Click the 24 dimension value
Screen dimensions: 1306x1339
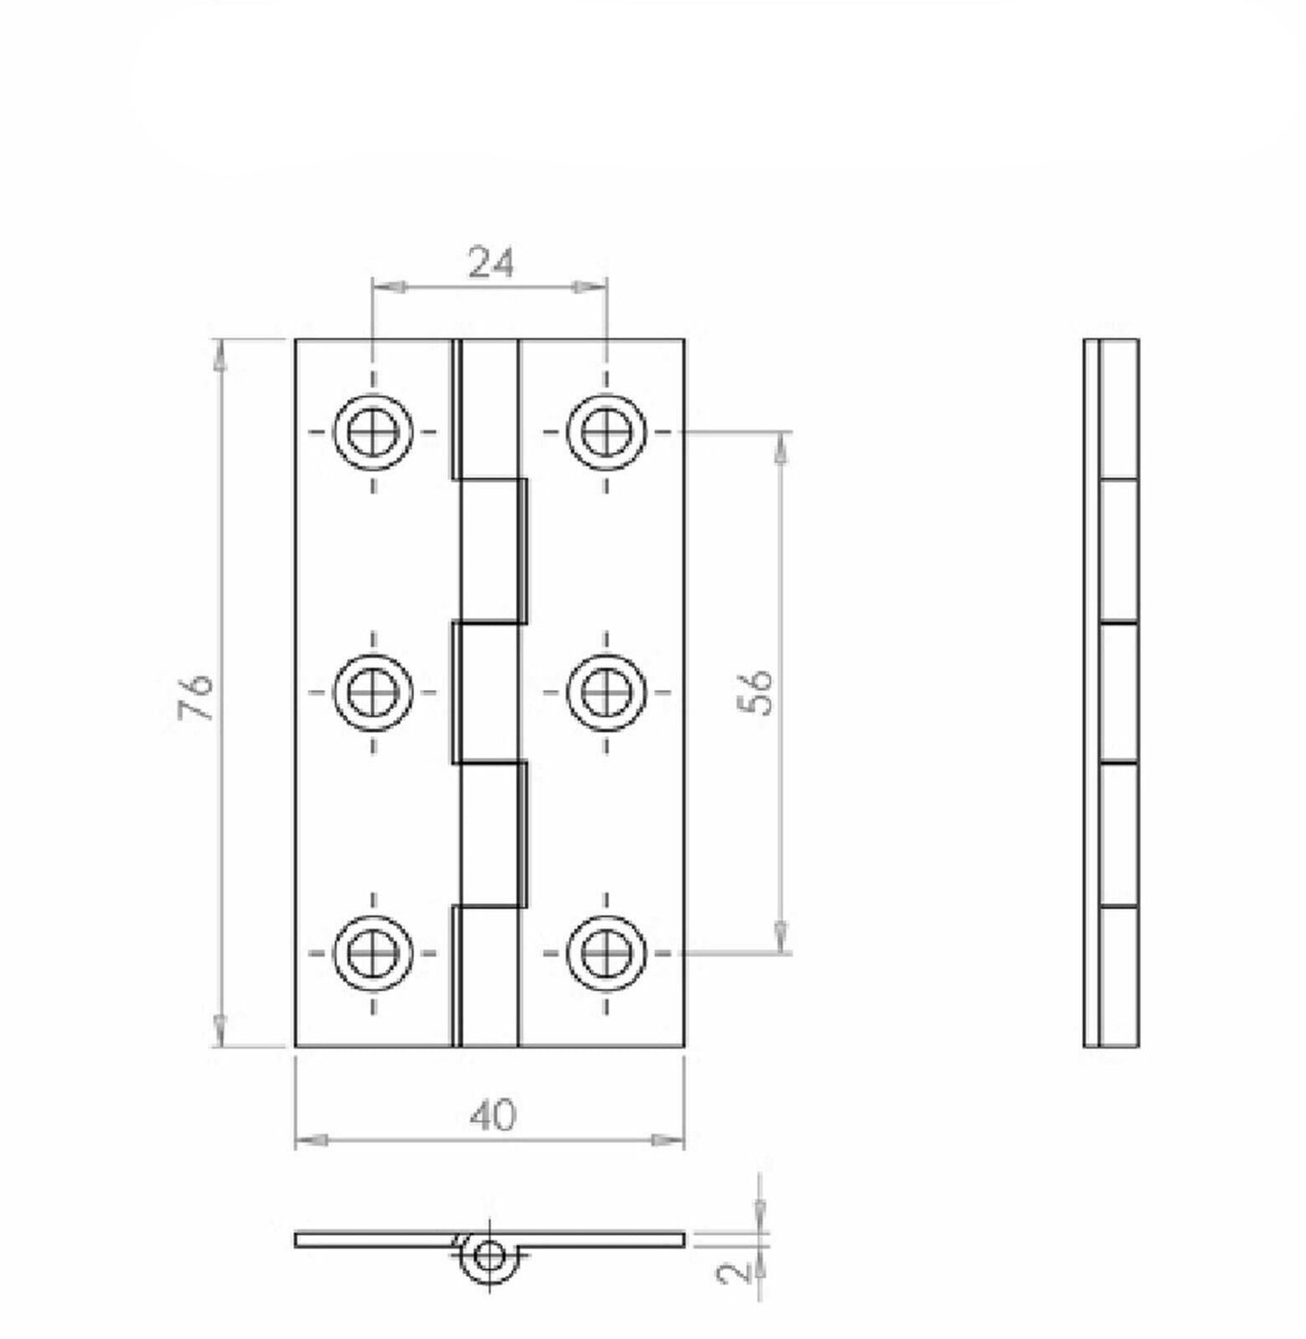(x=490, y=263)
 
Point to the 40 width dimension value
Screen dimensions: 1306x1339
(x=492, y=1115)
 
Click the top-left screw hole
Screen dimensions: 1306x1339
(x=373, y=433)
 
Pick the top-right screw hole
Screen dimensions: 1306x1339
(x=606, y=433)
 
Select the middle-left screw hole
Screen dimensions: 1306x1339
(x=373, y=692)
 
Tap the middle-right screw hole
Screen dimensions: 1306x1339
(x=606, y=692)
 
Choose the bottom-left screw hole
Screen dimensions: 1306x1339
(x=373, y=954)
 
